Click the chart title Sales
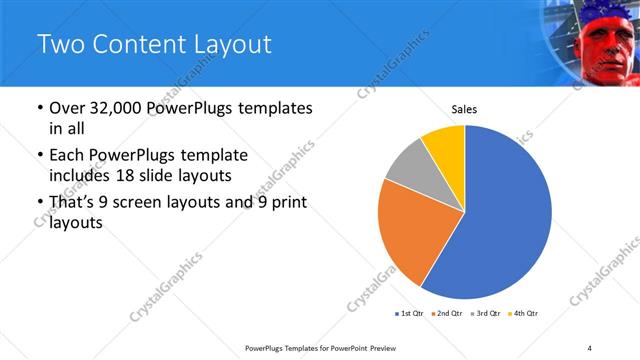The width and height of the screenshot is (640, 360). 464,108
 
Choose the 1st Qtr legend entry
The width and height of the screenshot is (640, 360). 411,313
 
